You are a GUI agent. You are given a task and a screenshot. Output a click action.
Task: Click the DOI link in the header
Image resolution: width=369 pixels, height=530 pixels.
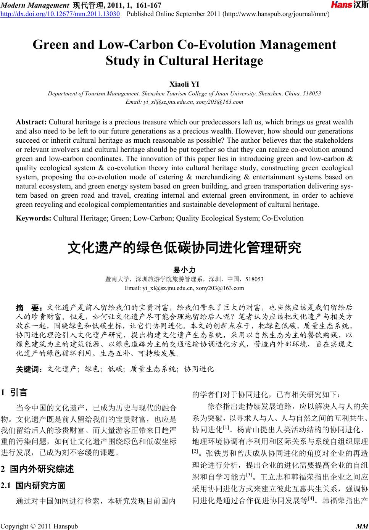click(x=60, y=14)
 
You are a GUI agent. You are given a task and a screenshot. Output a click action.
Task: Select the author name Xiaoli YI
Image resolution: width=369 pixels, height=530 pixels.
click(x=184, y=84)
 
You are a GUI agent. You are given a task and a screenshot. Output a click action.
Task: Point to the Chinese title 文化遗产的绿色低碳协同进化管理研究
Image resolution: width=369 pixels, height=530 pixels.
click(x=184, y=248)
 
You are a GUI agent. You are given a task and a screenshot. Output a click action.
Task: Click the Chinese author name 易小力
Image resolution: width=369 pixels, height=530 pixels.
click(x=184, y=270)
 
